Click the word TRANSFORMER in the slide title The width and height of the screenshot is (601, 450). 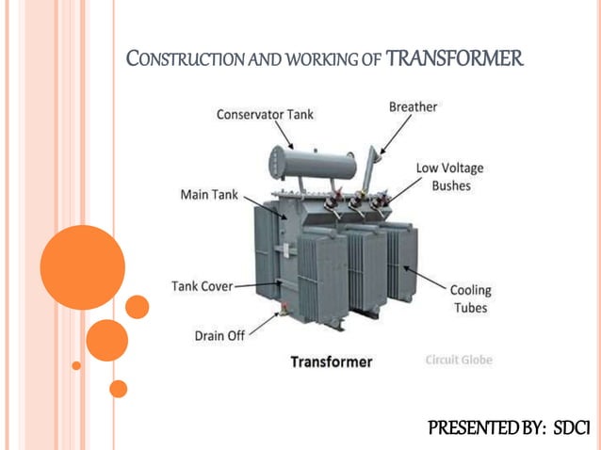click(x=454, y=59)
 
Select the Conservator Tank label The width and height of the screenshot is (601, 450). click(x=265, y=115)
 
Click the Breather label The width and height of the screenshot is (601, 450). click(x=413, y=107)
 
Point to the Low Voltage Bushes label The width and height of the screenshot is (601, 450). click(x=449, y=177)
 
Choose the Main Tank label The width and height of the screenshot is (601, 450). click(x=209, y=195)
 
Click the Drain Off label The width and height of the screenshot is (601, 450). click(x=219, y=335)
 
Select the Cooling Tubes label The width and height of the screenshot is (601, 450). click(x=470, y=299)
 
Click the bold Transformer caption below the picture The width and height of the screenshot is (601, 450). click(x=331, y=362)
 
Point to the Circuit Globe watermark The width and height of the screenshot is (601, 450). click(x=459, y=360)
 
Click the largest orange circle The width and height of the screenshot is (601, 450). click(x=83, y=267)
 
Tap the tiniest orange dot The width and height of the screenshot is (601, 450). click(x=76, y=365)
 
